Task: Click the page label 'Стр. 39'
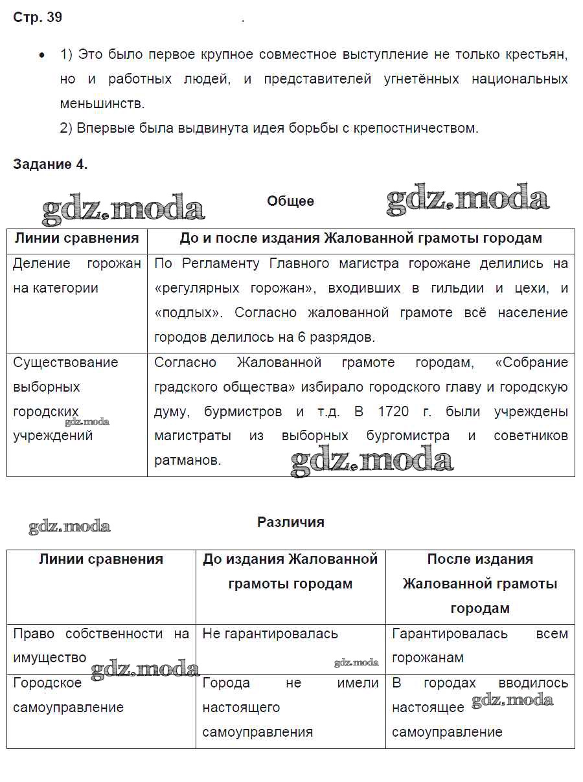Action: click(x=38, y=17)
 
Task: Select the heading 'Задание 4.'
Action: click(x=50, y=164)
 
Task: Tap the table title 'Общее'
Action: click(x=290, y=201)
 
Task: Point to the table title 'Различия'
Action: click(x=290, y=522)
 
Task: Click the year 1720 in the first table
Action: click(x=390, y=412)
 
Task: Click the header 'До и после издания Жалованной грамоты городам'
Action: click(x=360, y=238)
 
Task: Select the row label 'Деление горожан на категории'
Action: click(x=76, y=276)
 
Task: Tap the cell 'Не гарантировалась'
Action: click(x=270, y=634)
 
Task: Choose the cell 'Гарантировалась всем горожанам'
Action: click(x=479, y=645)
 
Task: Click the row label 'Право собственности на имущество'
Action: click(x=100, y=645)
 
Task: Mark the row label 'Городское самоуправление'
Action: click(x=68, y=695)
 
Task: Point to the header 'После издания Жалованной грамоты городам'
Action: click(x=479, y=584)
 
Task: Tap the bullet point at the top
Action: click(x=42, y=55)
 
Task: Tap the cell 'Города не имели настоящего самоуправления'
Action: click(x=290, y=707)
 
